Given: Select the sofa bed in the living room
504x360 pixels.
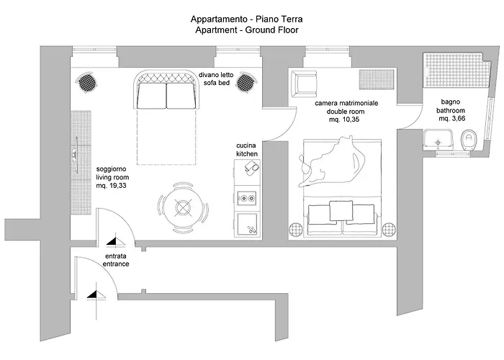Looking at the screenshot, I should (166, 92).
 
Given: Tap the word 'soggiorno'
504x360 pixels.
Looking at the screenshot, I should (112, 170).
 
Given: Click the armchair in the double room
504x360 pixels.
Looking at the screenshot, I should (302, 84).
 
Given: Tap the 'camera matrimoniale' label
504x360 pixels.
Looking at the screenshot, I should (347, 104).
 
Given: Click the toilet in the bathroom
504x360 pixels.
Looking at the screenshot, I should (469, 137).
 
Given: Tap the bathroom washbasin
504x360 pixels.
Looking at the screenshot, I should (437, 138).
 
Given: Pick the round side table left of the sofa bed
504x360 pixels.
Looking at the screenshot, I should (86, 82).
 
